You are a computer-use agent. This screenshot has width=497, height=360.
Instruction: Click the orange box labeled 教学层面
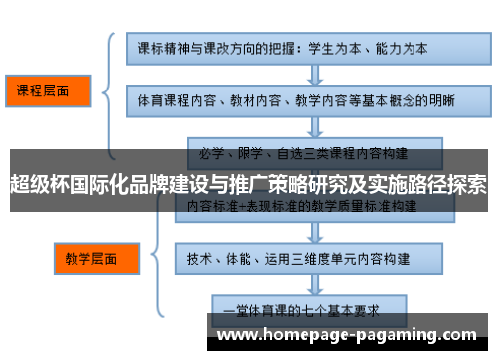[90, 259]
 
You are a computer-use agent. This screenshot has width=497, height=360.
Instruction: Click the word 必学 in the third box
[210, 154]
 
